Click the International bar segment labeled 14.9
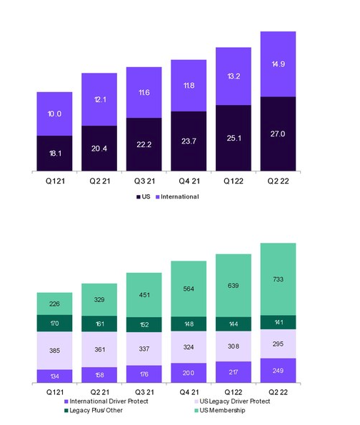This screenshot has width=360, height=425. tap(278, 64)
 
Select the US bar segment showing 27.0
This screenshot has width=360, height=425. tap(278, 134)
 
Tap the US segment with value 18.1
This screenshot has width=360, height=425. tap(54, 154)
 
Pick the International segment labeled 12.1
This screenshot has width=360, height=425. tap(99, 99)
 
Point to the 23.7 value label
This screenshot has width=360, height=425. tap(189, 141)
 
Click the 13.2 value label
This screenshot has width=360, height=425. tap(234, 76)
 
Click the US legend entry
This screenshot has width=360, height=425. tap(143, 196)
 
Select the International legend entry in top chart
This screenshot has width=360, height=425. tap(177, 196)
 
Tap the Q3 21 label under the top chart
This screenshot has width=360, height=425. tap(144, 181)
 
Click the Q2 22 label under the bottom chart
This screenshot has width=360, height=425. tap(278, 392)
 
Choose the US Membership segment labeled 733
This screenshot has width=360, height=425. tap(278, 279)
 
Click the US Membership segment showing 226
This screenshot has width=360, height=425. tap(54, 304)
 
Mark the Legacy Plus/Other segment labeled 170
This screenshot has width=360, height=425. tap(54, 324)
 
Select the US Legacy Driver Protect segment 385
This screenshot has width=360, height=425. tap(54, 351)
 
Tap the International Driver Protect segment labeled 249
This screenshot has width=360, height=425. tap(278, 371)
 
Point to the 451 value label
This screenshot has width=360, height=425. tap(144, 295)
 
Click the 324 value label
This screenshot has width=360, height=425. tap(189, 347)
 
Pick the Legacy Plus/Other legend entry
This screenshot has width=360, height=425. tap(94, 411)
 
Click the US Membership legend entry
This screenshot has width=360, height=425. tap(220, 411)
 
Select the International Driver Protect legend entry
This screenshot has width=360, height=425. tap(106, 401)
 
